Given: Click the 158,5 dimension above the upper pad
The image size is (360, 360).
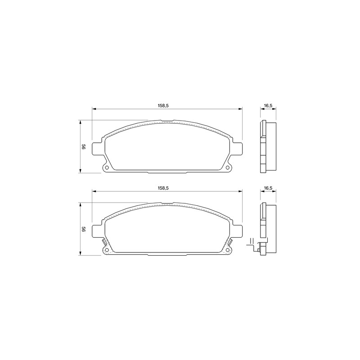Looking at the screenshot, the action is (163, 105).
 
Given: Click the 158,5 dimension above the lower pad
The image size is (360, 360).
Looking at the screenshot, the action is (163, 188).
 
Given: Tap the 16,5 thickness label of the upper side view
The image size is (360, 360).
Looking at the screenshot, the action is (268, 105).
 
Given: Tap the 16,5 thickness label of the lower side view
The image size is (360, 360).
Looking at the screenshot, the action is (268, 188).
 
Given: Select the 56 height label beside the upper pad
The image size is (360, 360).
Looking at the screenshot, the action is (84, 147).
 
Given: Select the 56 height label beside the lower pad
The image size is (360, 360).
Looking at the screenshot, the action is (84, 229).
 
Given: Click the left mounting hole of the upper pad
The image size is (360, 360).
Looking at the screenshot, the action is (107, 167).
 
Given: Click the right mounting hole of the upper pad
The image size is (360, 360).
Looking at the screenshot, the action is (228, 167).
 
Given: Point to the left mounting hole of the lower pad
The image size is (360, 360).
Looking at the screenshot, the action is (107, 250).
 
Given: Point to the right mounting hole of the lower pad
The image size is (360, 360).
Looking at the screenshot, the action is (228, 250).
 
